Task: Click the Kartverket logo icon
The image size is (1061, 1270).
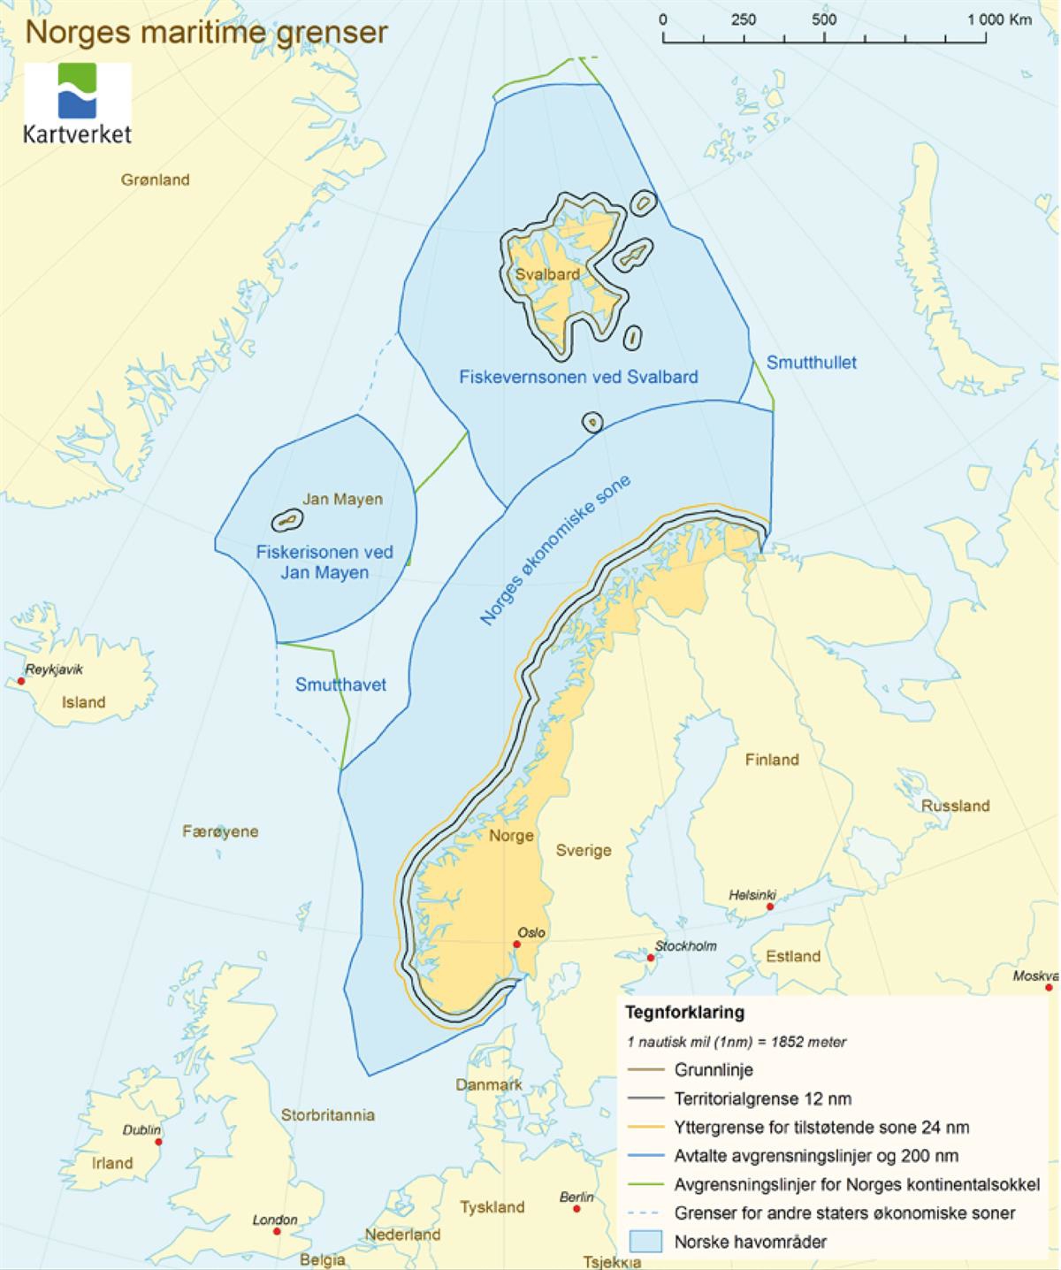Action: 78,91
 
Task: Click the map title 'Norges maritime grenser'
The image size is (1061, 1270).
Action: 206,32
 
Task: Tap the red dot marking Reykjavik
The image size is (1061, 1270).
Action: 21,681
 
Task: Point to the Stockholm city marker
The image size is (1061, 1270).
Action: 651,958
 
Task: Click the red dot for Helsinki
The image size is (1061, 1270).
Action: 770,907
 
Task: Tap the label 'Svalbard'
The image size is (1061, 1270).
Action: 547,274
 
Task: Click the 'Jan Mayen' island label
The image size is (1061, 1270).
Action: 342,499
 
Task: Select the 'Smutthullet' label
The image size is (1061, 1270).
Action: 811,363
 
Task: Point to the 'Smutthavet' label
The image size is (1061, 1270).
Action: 340,685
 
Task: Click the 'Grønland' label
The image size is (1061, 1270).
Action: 156,180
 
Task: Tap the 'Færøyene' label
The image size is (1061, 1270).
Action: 220,831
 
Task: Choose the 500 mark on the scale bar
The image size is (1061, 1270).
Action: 824,20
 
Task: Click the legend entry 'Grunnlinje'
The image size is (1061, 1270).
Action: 713,1070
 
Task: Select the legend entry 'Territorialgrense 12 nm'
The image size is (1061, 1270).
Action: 762,1099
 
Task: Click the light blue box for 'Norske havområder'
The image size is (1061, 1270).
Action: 645,1241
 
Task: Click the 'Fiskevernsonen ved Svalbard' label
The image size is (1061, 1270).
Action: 578,377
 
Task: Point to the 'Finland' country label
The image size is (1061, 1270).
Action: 771,759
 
